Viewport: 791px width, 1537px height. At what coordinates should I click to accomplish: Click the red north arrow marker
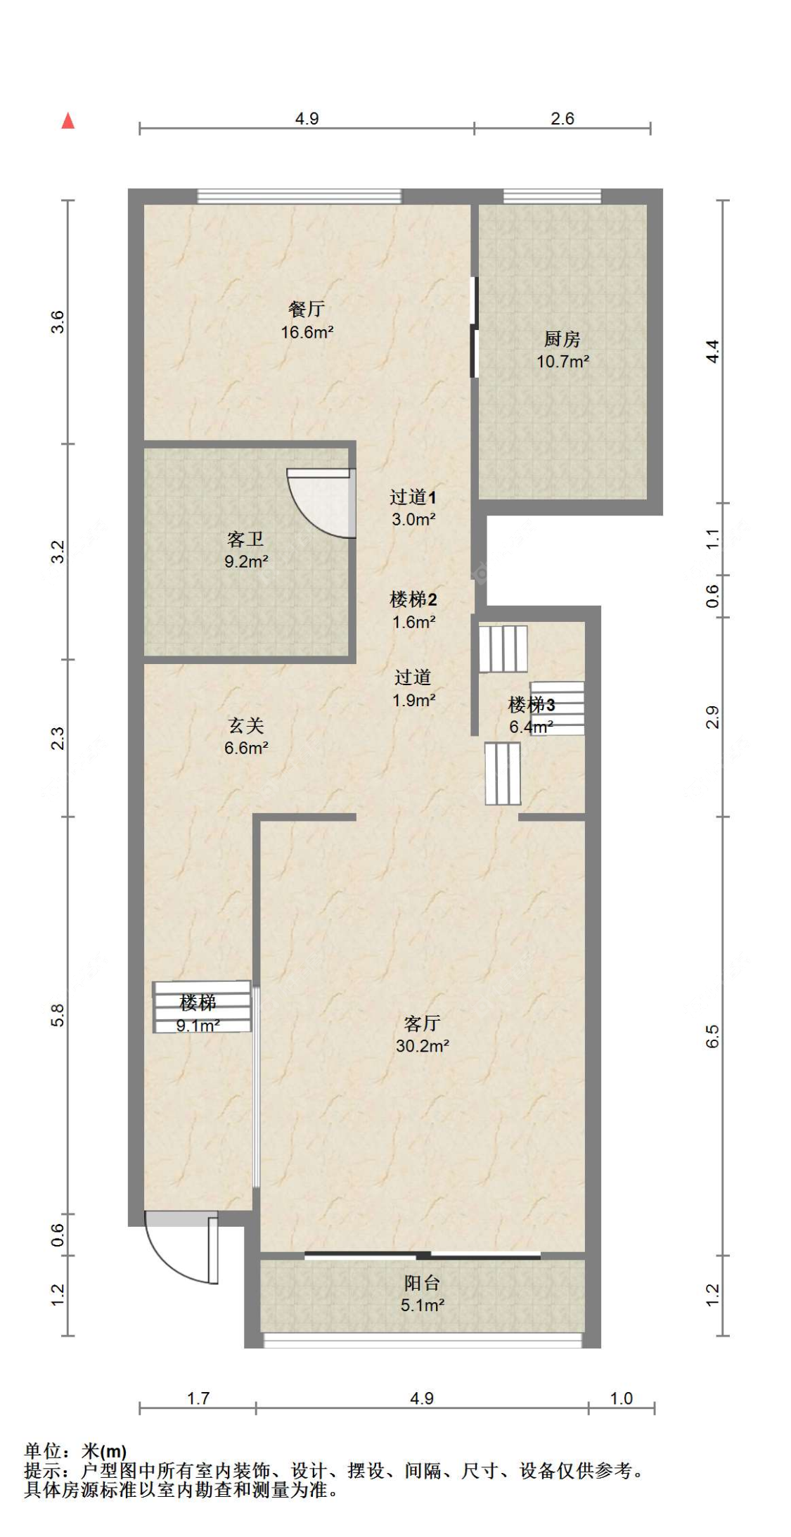(x=68, y=121)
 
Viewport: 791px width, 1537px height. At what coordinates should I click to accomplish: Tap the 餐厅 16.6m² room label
(x=307, y=320)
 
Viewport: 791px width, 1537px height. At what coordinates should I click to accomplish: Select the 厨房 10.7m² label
(x=562, y=350)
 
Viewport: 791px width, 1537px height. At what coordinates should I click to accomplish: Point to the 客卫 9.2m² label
(x=246, y=550)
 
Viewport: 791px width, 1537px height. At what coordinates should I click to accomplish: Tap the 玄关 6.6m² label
(x=246, y=736)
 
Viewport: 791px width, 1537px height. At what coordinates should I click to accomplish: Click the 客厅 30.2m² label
(x=422, y=1034)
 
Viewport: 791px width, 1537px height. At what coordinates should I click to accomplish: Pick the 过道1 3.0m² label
(x=413, y=508)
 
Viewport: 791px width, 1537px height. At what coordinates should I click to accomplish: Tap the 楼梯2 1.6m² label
(x=413, y=610)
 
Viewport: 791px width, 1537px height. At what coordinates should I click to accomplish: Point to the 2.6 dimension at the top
(x=562, y=118)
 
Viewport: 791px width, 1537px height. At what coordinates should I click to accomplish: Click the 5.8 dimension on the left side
(x=58, y=1015)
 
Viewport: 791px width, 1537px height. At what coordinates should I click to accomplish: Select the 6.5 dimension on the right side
(x=712, y=1036)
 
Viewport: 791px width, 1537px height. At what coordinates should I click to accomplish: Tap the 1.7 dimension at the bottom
(x=198, y=1398)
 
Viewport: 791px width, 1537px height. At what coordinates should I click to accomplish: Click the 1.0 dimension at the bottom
(x=622, y=1398)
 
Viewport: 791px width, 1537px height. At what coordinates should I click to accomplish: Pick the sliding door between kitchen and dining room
(x=475, y=327)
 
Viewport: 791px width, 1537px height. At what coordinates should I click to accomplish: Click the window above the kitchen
(x=552, y=196)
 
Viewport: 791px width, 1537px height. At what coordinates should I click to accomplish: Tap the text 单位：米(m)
(x=75, y=1451)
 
